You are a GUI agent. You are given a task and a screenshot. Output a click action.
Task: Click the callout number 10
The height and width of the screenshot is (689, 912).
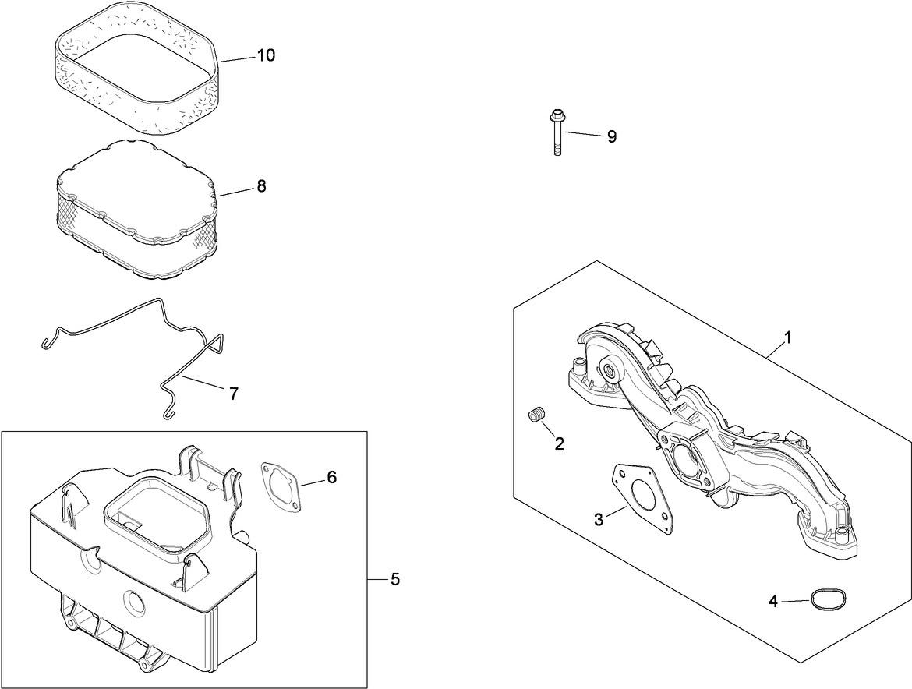tap(266, 56)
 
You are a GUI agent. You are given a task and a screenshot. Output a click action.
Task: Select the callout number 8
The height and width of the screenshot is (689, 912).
tap(261, 186)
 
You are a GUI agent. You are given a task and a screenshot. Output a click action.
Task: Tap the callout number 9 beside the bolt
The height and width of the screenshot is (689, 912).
tap(612, 136)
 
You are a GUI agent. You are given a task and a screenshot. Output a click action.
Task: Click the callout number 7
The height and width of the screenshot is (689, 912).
tap(233, 394)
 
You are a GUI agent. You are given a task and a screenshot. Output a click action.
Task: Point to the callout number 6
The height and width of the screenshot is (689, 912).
tap(331, 477)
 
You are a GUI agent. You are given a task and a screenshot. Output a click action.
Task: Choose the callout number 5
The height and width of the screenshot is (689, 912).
tap(395, 579)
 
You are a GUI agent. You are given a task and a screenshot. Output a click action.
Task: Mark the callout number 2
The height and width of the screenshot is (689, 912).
tap(559, 443)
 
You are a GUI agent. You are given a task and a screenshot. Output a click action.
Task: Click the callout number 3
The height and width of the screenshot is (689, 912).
tap(599, 520)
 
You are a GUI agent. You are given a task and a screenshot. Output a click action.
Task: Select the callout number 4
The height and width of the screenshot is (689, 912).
tap(773, 601)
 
